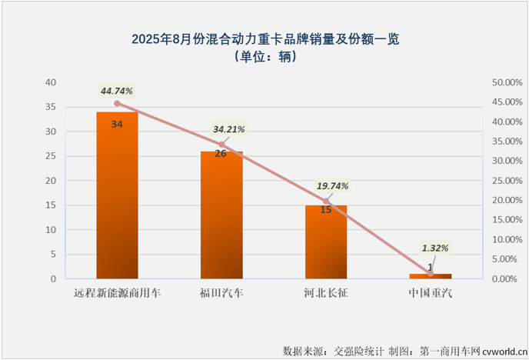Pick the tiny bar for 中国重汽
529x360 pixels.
(x=431, y=275)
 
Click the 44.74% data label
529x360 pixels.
(x=117, y=91)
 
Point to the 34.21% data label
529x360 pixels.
(x=226, y=128)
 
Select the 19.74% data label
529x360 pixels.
(x=331, y=186)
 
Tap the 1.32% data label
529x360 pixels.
(x=436, y=248)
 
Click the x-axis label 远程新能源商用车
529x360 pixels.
(x=117, y=293)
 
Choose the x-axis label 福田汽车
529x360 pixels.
(x=221, y=293)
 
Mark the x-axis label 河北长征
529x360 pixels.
(x=326, y=293)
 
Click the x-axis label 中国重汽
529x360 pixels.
(x=431, y=293)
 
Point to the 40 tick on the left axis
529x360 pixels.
(x=50, y=82)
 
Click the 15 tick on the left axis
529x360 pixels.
(x=50, y=205)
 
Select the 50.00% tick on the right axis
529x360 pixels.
(x=507, y=82)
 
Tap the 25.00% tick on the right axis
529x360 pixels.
(x=507, y=181)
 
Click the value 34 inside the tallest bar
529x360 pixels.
(x=117, y=123)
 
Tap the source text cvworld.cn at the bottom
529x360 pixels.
(x=503, y=351)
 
